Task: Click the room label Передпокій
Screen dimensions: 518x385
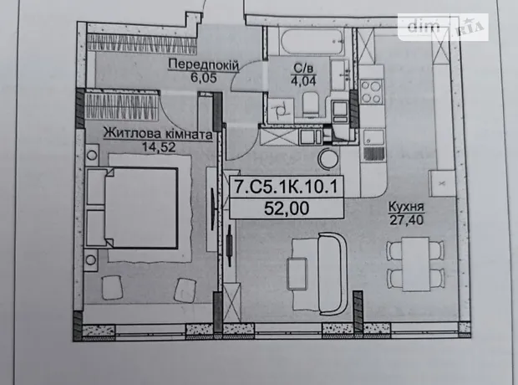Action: tap(203, 65)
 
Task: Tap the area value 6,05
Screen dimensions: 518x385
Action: tap(204, 78)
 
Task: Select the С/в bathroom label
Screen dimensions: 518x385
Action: tap(303, 69)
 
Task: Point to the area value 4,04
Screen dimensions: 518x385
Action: tap(303, 80)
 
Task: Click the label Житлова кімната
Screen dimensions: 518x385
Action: tap(158, 134)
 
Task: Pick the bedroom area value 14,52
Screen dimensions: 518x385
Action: tap(159, 147)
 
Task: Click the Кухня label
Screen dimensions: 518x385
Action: tap(406, 207)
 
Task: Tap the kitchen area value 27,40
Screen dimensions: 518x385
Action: tap(406, 220)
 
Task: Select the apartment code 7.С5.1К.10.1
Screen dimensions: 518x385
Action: tap(286, 187)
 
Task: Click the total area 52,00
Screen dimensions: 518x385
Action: tap(287, 208)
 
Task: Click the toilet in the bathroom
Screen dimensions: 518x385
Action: tap(310, 104)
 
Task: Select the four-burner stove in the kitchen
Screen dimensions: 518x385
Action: tap(371, 92)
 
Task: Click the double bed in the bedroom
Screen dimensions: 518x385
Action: tap(132, 208)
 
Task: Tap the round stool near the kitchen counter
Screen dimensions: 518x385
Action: tap(328, 158)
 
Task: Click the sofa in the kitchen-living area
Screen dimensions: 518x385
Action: tap(332, 274)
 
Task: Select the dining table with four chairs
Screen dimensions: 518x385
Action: tap(415, 264)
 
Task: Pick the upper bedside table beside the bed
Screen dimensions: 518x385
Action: tap(92, 154)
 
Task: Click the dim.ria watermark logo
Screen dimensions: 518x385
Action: tap(443, 27)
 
